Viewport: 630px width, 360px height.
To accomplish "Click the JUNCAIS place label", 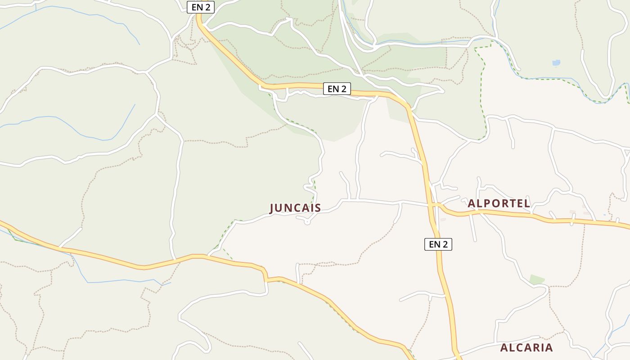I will point(295,208).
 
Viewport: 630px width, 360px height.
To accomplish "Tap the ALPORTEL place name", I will point(499,203).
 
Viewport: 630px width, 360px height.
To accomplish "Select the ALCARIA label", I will point(526,347).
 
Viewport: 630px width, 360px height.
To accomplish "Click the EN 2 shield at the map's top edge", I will point(201,7).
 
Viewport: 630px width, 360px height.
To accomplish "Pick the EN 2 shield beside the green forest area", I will point(337,89).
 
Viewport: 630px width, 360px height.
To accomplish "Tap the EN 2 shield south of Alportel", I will point(438,244).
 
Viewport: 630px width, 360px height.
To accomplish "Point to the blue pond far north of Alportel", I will point(556,63).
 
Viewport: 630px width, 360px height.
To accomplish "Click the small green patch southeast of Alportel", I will point(537,279).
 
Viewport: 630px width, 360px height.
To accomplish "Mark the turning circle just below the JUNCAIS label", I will point(307,221).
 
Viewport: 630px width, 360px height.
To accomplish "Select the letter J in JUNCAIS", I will point(272,208).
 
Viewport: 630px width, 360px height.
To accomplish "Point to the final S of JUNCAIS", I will point(318,208).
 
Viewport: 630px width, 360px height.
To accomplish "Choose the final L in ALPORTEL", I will point(527,203).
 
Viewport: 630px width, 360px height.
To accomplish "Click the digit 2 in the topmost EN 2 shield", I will point(207,7).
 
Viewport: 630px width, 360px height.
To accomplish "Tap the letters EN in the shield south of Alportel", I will point(434,244).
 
